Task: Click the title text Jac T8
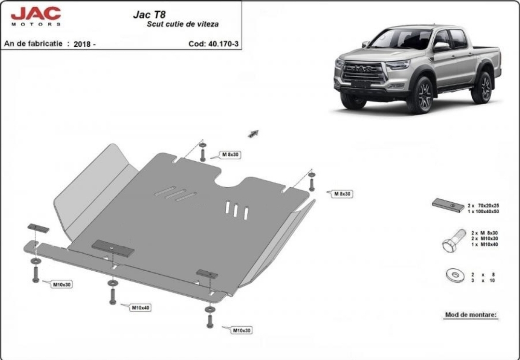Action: click(x=149, y=14)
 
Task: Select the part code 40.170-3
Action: click(x=223, y=44)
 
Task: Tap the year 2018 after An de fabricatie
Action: click(x=82, y=44)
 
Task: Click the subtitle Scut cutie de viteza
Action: click(x=183, y=24)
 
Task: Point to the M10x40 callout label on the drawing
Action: click(x=141, y=308)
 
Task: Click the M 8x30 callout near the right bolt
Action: click(x=342, y=194)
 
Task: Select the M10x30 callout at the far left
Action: click(x=62, y=284)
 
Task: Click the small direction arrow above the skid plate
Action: click(x=253, y=133)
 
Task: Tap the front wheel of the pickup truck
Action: click(x=420, y=96)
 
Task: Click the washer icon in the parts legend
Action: click(x=455, y=276)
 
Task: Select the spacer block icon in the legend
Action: click(x=448, y=206)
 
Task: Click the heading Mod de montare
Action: click(x=471, y=315)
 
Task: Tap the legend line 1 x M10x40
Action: click(x=484, y=244)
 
